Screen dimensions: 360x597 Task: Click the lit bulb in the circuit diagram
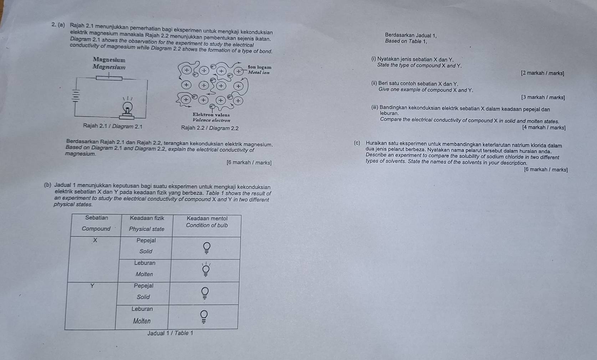click(x=127, y=107)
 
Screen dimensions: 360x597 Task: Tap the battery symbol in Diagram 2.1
click(x=76, y=96)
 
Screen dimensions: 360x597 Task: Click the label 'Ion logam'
click(x=260, y=67)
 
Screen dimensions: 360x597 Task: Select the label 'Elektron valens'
click(x=211, y=115)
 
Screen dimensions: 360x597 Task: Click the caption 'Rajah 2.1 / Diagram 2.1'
click(x=113, y=126)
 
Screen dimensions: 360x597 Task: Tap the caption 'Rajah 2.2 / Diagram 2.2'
click(x=210, y=128)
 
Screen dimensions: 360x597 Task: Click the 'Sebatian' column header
click(x=97, y=218)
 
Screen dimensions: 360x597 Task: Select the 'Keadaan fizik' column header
click(x=147, y=218)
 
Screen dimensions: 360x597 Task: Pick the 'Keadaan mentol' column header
click(x=207, y=218)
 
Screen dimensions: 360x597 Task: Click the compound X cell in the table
click(x=95, y=240)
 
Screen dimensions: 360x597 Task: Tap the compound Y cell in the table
click(x=92, y=285)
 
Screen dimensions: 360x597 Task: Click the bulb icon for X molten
click(x=206, y=270)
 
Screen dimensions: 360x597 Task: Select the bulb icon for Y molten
click(x=204, y=316)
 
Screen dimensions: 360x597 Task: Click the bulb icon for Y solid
click(x=205, y=293)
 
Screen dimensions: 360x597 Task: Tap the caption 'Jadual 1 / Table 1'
click(x=170, y=333)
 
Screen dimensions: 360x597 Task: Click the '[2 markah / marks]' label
click(x=542, y=73)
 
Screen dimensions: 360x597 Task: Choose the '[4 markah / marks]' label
click(x=544, y=127)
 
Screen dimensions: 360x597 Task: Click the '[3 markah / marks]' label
click(x=542, y=97)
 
